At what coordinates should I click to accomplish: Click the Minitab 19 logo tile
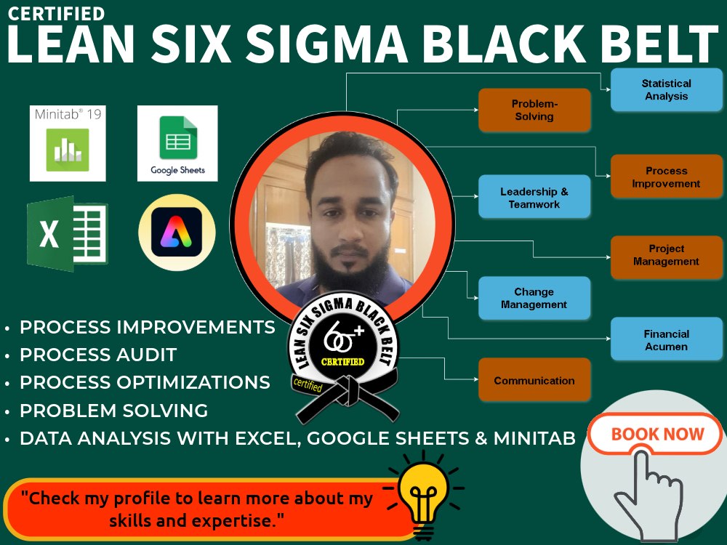point(68,143)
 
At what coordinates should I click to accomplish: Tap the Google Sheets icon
point(177,143)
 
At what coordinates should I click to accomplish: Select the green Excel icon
point(68,234)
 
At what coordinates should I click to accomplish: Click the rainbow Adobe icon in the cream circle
point(177,233)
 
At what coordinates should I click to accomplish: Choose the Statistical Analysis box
point(666,90)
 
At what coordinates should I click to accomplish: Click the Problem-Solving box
point(534,110)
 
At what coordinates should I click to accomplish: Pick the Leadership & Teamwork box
point(534,198)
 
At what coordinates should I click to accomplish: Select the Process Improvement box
point(666,177)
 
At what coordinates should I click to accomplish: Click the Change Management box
point(534,298)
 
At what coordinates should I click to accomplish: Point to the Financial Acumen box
point(666,339)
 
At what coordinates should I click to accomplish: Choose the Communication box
point(534,380)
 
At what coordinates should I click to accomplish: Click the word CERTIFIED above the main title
point(56,14)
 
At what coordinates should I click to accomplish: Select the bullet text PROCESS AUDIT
point(98,355)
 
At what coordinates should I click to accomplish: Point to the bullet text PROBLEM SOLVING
point(113,411)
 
